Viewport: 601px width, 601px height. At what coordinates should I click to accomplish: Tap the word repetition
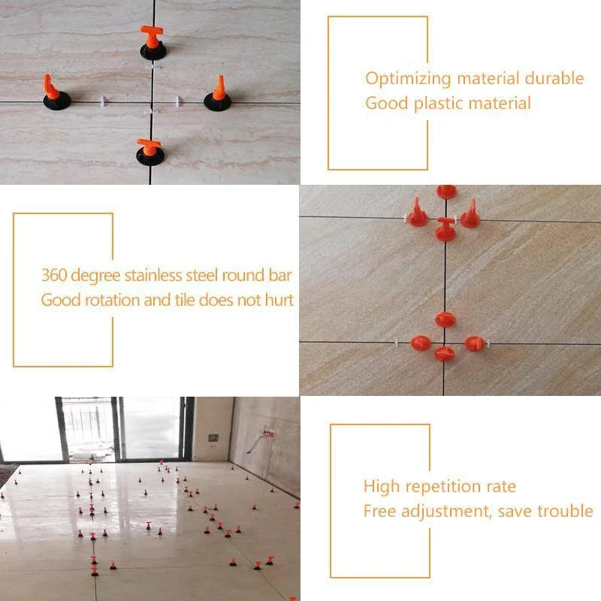[439, 487]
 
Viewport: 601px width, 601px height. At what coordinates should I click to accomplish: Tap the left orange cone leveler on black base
[52, 90]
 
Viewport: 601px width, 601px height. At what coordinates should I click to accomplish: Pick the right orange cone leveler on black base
[219, 91]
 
